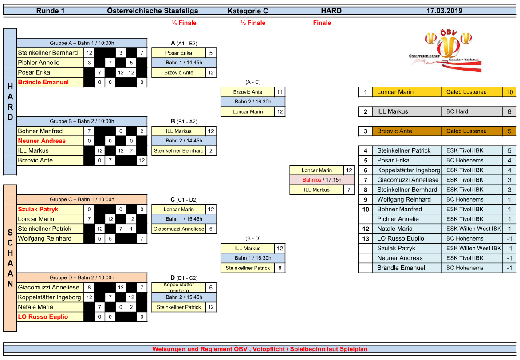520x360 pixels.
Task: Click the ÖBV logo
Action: [x=445, y=51]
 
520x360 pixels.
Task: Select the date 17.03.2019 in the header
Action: [x=444, y=11]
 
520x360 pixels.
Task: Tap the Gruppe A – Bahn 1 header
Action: [x=82, y=43]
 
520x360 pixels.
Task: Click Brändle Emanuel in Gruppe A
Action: [x=43, y=82]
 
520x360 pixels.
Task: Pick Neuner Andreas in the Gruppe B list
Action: [x=42, y=141]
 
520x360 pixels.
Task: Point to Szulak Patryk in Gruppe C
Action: [x=38, y=209]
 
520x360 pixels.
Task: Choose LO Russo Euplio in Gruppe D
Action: [x=43, y=316]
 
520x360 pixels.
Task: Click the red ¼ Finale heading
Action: [x=184, y=23]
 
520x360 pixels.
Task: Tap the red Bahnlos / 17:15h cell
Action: [x=322, y=180]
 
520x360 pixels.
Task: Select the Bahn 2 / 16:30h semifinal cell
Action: [x=253, y=102]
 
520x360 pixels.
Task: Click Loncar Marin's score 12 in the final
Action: [x=349, y=170]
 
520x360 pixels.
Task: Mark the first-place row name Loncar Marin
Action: [x=395, y=92]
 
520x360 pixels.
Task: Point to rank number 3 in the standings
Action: [x=366, y=131]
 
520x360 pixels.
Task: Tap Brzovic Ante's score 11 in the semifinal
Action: [x=280, y=92]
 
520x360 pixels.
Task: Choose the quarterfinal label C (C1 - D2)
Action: [x=184, y=199]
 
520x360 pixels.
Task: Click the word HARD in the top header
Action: [x=331, y=11]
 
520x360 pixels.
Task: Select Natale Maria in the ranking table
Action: [x=394, y=229]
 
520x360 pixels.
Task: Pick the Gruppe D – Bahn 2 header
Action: [x=82, y=277]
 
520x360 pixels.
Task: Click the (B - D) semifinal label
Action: [x=253, y=238]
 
